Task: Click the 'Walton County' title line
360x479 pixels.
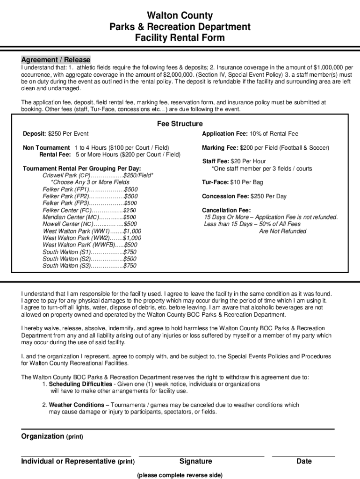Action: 180,15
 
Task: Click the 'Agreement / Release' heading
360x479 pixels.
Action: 56,60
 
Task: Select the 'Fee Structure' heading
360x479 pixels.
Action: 180,124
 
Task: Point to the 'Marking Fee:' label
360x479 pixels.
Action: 220,148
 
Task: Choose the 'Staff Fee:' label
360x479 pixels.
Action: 216,161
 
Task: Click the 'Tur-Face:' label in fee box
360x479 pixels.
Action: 215,182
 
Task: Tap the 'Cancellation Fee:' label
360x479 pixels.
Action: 226,210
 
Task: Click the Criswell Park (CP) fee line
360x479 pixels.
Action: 98,175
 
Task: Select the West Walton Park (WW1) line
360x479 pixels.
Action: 92,231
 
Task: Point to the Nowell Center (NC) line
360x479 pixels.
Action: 89,224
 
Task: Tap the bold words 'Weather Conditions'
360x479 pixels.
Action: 77,405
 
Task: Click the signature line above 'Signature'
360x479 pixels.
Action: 201,456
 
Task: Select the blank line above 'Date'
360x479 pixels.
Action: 303,456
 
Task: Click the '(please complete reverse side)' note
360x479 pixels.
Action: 180,475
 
